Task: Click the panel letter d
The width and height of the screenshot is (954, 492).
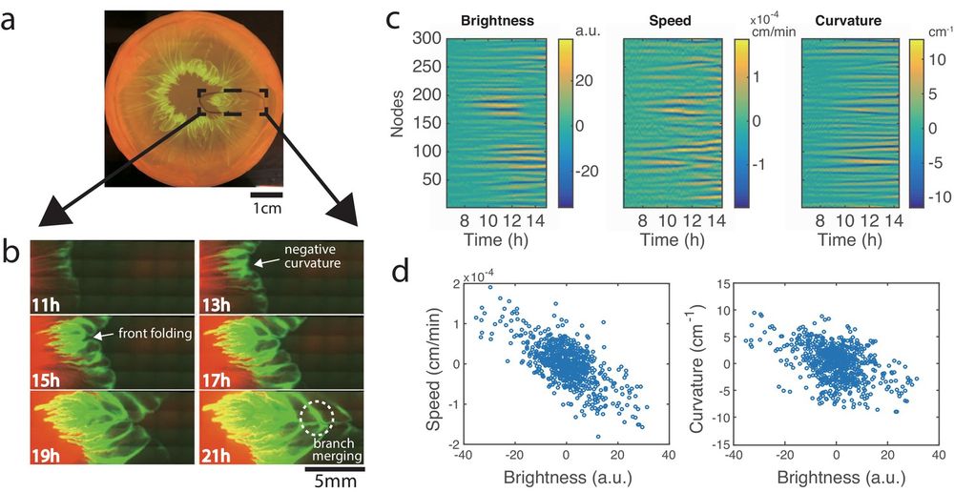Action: pyautogui.click(x=403, y=271)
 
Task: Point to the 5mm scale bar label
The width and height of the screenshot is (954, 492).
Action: pyautogui.click(x=330, y=482)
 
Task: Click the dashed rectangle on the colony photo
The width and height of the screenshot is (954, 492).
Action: pyautogui.click(x=234, y=100)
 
